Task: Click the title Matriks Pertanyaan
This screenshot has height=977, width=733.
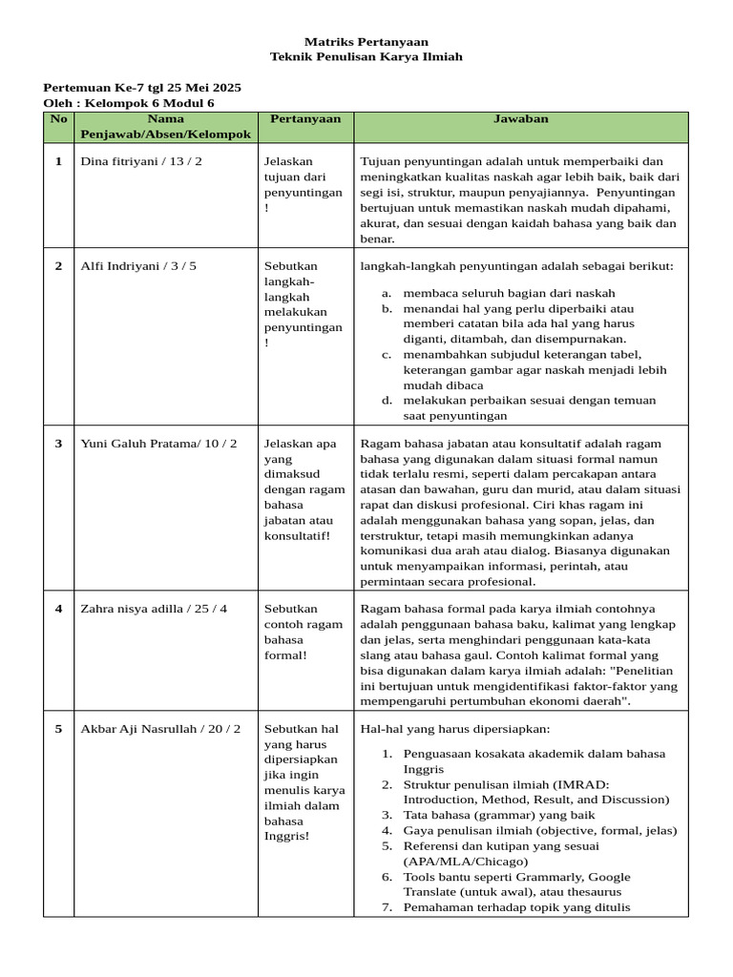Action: pyautogui.click(x=366, y=42)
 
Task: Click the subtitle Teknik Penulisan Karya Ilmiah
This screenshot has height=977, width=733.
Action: pyautogui.click(x=366, y=57)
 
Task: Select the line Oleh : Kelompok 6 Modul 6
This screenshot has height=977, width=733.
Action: pyautogui.click(x=129, y=103)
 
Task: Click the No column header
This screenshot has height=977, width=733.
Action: pyautogui.click(x=58, y=119)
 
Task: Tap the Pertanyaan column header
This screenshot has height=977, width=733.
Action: pyautogui.click(x=304, y=119)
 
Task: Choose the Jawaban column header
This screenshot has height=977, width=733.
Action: pyautogui.click(x=520, y=119)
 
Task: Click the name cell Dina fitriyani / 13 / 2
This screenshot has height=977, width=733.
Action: pyautogui.click(x=141, y=161)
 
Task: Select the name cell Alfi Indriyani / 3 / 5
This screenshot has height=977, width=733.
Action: pyautogui.click(x=138, y=266)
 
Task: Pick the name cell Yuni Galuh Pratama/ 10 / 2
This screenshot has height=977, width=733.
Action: pyautogui.click(x=159, y=444)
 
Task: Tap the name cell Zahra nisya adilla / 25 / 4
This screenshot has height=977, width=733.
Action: pyautogui.click(x=155, y=609)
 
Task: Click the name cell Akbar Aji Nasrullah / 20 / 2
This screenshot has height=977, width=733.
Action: pyautogui.click(x=160, y=729)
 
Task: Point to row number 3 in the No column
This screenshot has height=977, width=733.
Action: pyautogui.click(x=58, y=444)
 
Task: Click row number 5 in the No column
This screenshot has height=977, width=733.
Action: pyautogui.click(x=58, y=729)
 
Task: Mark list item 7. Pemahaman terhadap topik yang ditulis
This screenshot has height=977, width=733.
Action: pyautogui.click(x=516, y=908)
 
